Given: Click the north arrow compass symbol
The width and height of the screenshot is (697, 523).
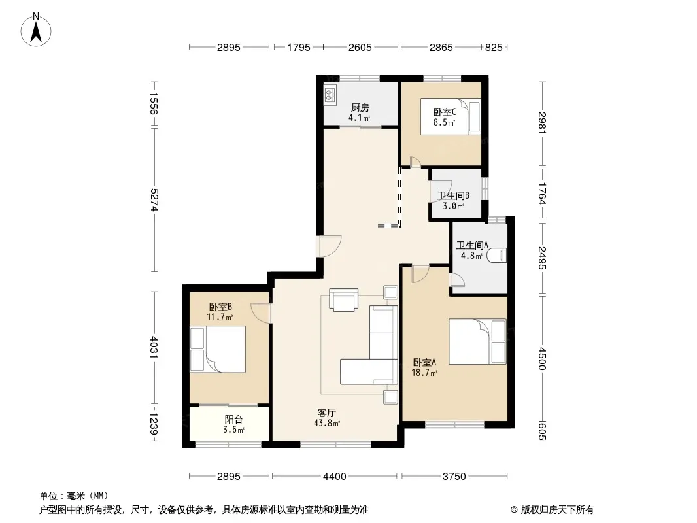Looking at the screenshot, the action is pyautogui.click(x=36, y=29).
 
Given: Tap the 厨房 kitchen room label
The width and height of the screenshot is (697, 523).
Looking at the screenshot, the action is pyautogui.click(x=360, y=107).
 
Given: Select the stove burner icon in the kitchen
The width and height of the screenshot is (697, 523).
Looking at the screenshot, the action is pyautogui.click(x=330, y=94).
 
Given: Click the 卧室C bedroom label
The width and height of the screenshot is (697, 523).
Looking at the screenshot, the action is pyautogui.click(x=445, y=112).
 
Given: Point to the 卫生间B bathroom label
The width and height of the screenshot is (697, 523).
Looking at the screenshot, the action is pyautogui.click(x=453, y=195).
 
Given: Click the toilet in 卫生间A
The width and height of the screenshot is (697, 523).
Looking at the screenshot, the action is pyautogui.click(x=496, y=255).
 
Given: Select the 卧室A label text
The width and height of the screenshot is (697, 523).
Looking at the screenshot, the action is pyautogui.click(x=424, y=363).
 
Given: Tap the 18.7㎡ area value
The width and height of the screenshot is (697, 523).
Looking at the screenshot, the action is pyautogui.click(x=424, y=373).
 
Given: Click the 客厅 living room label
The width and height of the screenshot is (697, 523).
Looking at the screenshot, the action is pyautogui.click(x=327, y=413).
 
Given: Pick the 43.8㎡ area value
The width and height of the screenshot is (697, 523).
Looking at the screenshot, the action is pyautogui.click(x=327, y=423).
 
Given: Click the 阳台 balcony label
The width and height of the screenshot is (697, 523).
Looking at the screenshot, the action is pyautogui.click(x=234, y=420).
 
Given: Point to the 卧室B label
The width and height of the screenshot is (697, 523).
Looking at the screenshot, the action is pyautogui.click(x=220, y=307).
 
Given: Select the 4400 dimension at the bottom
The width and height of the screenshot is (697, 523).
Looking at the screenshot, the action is pyautogui.click(x=334, y=477).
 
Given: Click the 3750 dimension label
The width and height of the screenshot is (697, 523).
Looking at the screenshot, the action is pyautogui.click(x=454, y=477).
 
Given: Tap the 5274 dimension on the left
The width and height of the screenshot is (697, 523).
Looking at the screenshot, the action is pyautogui.click(x=154, y=200).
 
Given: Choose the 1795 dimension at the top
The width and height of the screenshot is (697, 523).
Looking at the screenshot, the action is pyautogui.click(x=298, y=47).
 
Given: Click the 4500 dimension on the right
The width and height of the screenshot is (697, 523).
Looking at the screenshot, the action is pyautogui.click(x=542, y=359).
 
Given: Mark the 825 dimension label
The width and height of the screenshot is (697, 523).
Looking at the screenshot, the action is pyautogui.click(x=494, y=47).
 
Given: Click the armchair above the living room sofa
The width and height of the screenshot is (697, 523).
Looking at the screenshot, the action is pyautogui.click(x=344, y=299).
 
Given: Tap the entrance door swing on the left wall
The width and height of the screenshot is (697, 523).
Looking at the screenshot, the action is pyautogui.click(x=330, y=246).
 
